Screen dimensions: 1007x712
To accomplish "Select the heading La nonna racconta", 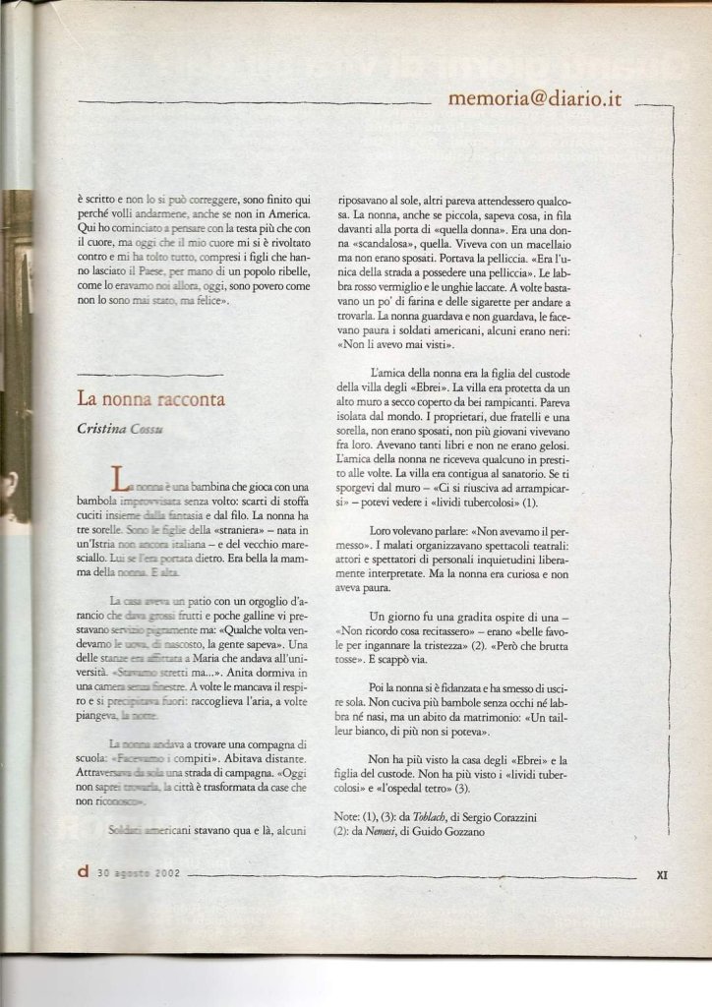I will tap(152, 399).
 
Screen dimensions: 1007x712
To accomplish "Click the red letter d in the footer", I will tap(83, 870).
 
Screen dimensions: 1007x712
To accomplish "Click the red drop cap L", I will tap(121, 479).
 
